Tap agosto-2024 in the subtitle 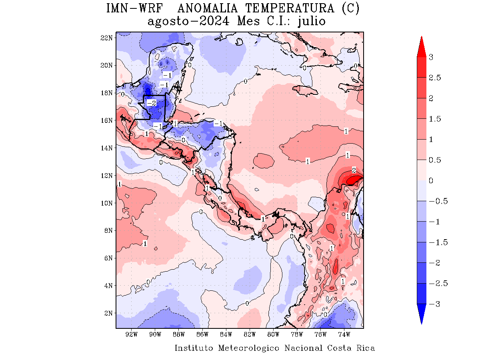click(188, 21)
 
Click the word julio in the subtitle click(312, 21)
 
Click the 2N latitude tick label click(108, 313)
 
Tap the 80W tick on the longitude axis click(273, 334)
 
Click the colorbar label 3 click(431, 57)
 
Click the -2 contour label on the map click(151, 103)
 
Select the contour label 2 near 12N click(354, 170)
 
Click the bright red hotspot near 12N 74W click(354, 180)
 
